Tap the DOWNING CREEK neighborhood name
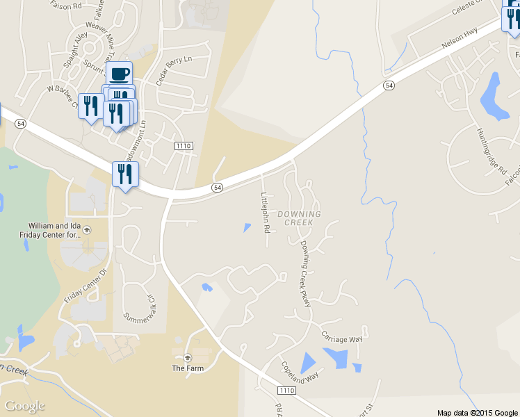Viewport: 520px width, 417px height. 300,218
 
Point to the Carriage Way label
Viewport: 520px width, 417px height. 342,338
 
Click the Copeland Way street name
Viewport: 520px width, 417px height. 300,370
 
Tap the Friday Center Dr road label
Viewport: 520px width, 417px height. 86,284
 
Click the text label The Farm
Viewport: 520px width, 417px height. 188,368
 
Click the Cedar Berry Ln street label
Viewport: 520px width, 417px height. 173,70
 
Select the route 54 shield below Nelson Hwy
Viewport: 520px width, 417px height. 389,85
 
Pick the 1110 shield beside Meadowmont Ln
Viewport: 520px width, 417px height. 183,145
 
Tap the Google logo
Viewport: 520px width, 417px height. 25,406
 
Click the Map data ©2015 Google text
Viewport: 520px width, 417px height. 478,413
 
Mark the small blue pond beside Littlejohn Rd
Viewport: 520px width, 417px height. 247,227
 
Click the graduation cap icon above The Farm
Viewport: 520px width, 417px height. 188,357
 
